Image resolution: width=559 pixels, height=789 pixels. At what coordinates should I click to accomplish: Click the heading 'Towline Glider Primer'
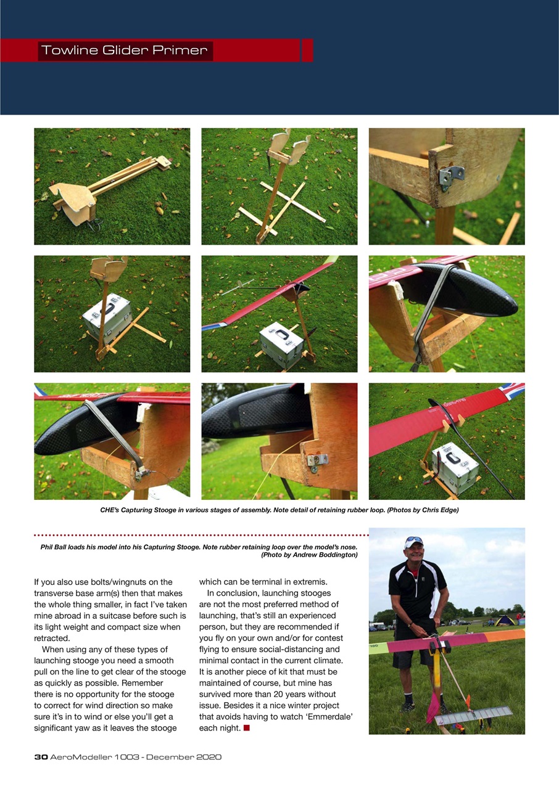(124, 51)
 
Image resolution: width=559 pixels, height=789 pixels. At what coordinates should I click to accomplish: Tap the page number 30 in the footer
(41, 757)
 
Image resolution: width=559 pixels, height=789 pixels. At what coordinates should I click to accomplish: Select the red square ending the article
(246, 729)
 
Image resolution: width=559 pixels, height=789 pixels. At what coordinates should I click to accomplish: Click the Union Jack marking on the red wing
(513, 390)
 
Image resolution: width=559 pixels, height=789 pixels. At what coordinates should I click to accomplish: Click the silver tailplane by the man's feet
(473, 715)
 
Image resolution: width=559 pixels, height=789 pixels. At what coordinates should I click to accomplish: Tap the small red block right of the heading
(307, 51)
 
